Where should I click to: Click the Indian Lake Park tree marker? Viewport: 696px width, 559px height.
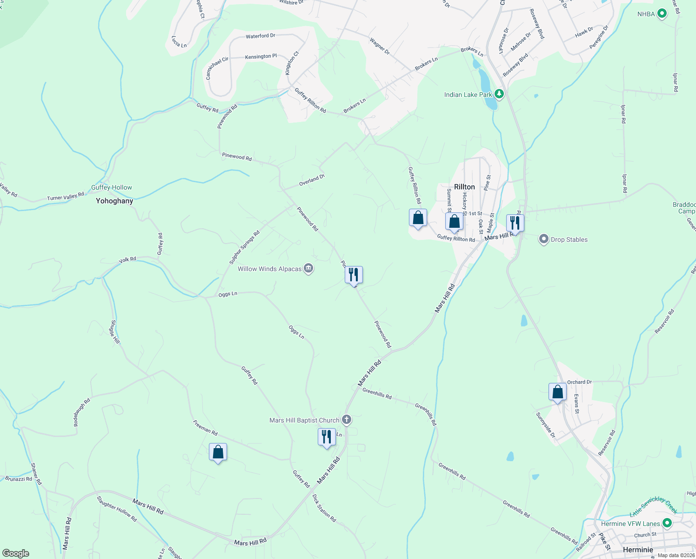tap(499, 95)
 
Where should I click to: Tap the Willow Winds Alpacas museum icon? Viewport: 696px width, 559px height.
tap(308, 269)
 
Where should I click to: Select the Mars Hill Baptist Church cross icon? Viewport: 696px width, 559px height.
tap(346, 420)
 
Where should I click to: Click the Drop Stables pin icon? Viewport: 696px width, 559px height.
tap(543, 239)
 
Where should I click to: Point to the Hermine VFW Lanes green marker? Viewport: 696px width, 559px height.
tap(667, 523)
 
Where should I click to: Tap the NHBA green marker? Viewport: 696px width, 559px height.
tap(662, 14)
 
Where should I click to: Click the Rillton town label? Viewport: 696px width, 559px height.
tap(464, 187)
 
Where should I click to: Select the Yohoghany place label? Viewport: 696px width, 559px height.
tap(114, 201)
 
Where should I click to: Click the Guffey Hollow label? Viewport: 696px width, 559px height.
tap(112, 187)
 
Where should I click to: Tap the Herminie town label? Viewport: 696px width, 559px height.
tap(638, 550)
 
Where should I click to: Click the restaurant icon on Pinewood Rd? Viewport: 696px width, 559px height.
tap(354, 275)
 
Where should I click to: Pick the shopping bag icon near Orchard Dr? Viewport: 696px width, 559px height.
tap(557, 392)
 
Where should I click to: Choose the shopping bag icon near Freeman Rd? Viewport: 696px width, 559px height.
tap(218, 452)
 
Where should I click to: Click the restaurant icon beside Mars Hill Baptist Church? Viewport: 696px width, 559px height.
tap(327, 437)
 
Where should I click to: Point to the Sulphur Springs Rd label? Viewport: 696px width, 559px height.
tap(244, 247)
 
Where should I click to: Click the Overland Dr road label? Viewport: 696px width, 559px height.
tap(312, 180)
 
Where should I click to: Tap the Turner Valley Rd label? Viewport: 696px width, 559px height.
tap(66, 197)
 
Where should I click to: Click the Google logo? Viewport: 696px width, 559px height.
tap(15, 553)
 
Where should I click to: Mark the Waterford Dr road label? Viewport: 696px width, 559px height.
tap(261, 36)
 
